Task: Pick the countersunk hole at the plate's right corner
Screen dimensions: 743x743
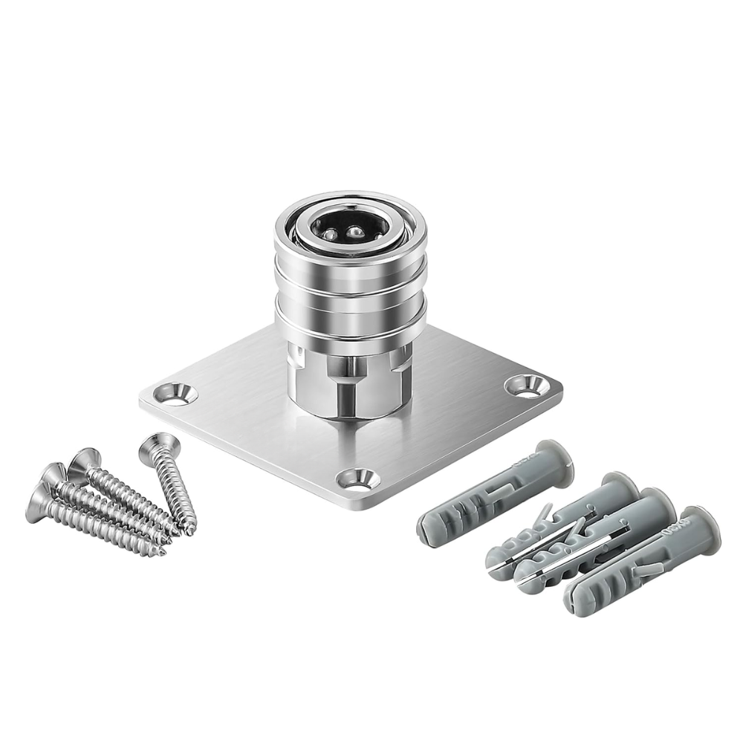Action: point(525,385)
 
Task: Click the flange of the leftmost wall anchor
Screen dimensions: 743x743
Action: point(553,457)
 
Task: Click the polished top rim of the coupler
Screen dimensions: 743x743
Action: point(349,201)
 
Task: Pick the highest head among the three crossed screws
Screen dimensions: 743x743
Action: point(83,461)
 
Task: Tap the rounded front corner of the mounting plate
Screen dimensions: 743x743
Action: point(355,506)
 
